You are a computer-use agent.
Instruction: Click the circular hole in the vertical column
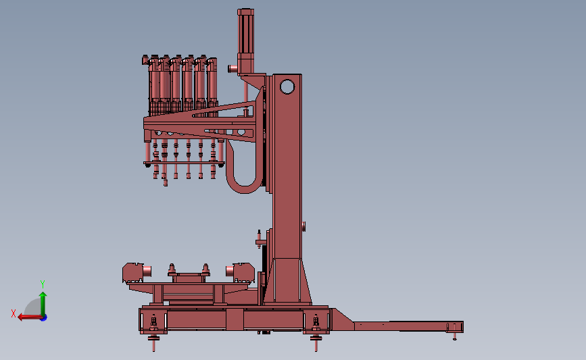(x=287, y=86)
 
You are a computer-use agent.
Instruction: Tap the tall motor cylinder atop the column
(x=245, y=41)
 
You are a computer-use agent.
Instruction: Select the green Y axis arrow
(x=43, y=305)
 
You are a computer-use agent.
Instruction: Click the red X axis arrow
(x=30, y=317)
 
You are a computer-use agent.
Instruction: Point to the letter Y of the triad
(x=43, y=284)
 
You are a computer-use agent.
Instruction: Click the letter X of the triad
(x=14, y=313)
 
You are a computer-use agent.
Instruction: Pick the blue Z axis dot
(x=44, y=318)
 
